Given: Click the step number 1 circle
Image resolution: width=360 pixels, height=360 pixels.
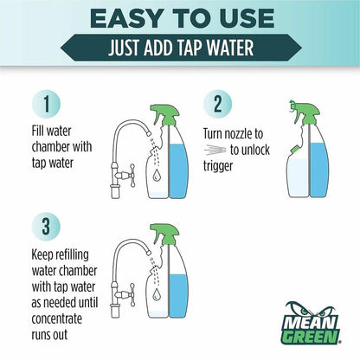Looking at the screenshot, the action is [x=47, y=104].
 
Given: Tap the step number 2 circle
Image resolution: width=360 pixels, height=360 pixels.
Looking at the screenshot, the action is [x=218, y=104].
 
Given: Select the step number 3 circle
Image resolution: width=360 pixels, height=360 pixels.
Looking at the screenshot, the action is [x=46, y=227].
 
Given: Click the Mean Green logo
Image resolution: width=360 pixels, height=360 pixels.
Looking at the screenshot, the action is [x=311, y=323].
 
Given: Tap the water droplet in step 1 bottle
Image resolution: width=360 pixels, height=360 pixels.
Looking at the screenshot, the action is [x=157, y=175].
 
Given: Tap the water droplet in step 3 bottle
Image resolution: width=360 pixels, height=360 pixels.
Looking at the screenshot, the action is [x=157, y=293].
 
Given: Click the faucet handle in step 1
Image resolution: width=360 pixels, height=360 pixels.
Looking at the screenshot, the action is [x=132, y=176].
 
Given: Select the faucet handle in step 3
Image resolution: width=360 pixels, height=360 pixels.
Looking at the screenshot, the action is [x=132, y=294].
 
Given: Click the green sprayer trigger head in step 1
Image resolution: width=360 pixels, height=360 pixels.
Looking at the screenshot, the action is [x=165, y=115].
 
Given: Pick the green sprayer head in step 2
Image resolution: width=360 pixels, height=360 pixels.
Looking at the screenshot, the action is [x=305, y=112].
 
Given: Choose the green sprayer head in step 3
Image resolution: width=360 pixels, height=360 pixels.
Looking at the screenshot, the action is [x=165, y=235].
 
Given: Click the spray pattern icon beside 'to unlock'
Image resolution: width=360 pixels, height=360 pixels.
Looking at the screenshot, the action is [x=215, y=150].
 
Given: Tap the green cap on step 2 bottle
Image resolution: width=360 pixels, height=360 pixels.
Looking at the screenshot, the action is [x=295, y=150].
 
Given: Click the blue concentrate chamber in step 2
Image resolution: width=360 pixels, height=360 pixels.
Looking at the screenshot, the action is [x=318, y=170].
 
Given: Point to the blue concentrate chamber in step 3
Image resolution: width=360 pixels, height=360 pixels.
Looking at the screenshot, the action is [x=178, y=296].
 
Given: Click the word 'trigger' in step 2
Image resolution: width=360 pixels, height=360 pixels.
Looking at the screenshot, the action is [x=218, y=166].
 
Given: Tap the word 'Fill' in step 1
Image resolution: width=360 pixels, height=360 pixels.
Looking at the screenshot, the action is [x=37, y=132].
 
